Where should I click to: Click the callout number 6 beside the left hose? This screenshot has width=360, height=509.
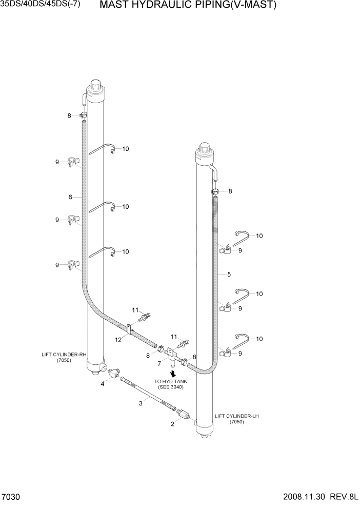70,197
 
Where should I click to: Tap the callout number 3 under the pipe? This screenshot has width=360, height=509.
141,404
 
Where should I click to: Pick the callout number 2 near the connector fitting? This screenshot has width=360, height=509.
173,424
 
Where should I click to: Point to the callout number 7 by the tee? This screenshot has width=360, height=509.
159,363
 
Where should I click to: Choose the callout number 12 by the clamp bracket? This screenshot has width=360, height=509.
118,339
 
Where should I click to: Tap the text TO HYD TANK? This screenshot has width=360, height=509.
169,381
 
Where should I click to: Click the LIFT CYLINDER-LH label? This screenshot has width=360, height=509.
237,416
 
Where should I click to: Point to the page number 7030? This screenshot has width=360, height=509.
11,498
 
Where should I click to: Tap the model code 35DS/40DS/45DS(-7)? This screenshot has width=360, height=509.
41,6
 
